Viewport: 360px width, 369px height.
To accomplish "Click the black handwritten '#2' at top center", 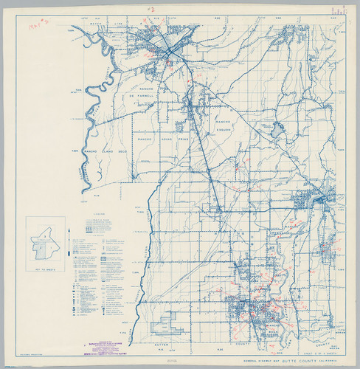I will click(x=152, y=10).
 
